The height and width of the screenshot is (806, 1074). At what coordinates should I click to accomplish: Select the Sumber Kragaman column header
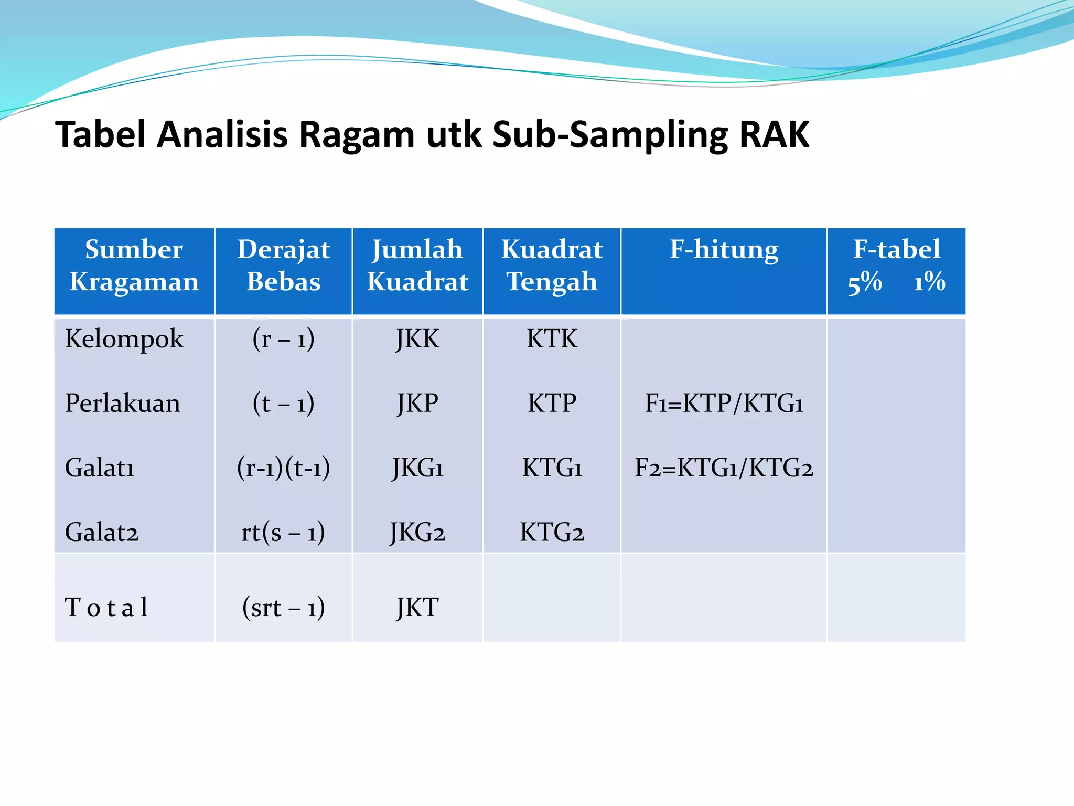pos(134,265)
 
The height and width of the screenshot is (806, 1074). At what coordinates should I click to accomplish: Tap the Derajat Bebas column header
pos(284,265)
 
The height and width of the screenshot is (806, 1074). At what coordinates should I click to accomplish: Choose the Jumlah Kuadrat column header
pos(417,265)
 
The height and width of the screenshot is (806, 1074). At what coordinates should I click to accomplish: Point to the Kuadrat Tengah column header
pos(552,265)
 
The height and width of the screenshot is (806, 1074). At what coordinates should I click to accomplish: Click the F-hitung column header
pos(724,249)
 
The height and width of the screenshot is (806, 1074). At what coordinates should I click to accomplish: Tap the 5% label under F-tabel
pos(865,282)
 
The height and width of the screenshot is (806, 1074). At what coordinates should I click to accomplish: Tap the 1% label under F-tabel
pos(929,282)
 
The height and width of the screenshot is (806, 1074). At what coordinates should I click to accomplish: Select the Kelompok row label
pos(124,339)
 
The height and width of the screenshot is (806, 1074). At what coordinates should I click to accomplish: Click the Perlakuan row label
pos(123,403)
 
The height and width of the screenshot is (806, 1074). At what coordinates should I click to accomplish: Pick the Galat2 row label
pos(102,532)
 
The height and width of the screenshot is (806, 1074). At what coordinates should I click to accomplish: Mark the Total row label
pos(106,607)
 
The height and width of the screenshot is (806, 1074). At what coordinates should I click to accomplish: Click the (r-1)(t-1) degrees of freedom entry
pos(284,468)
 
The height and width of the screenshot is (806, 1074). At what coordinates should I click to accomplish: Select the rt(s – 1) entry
pos(283,532)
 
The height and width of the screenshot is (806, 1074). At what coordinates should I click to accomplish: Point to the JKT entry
pos(417,608)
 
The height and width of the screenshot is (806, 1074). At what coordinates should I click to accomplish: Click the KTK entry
pos(552,339)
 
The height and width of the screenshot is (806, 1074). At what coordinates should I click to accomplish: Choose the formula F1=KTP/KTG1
pos(724,403)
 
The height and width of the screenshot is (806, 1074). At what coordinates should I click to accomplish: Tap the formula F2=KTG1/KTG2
pos(724,468)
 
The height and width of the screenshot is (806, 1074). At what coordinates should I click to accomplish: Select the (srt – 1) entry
pos(283,608)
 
